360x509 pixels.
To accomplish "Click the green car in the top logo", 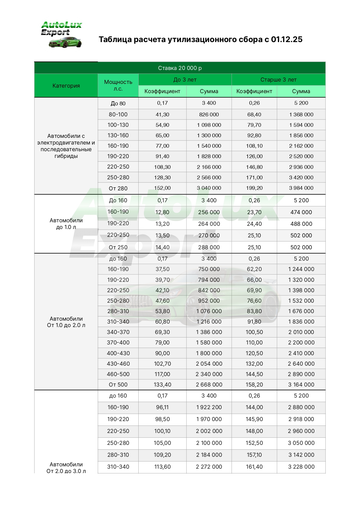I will click(66, 42).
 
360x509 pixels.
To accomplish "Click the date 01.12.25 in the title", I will click(287, 39).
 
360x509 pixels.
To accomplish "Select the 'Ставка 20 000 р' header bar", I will click(180, 68).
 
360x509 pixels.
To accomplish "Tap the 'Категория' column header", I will click(66, 86).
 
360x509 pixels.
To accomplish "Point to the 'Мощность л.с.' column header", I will click(118, 85).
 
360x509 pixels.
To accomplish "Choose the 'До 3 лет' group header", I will click(185, 80).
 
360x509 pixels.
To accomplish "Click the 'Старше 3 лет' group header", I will click(278, 80).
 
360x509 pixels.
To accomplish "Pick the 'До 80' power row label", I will click(118, 104).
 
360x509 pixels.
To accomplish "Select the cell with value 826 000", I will click(209, 115).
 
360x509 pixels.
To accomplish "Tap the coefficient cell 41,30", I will click(162, 115).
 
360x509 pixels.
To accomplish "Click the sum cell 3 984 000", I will click(301, 188).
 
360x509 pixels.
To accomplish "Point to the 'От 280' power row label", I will click(118, 189).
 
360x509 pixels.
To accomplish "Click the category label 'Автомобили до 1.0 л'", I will click(66, 224).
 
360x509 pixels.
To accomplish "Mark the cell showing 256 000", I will click(209, 212).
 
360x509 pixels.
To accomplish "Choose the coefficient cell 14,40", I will click(162, 248).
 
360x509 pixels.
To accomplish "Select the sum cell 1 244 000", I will click(301, 269).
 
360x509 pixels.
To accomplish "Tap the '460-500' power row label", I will click(118, 374).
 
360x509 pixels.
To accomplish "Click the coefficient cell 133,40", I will click(162, 385).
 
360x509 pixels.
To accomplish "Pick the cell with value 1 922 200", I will click(209, 407).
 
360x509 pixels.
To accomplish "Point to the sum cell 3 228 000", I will click(301, 467).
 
